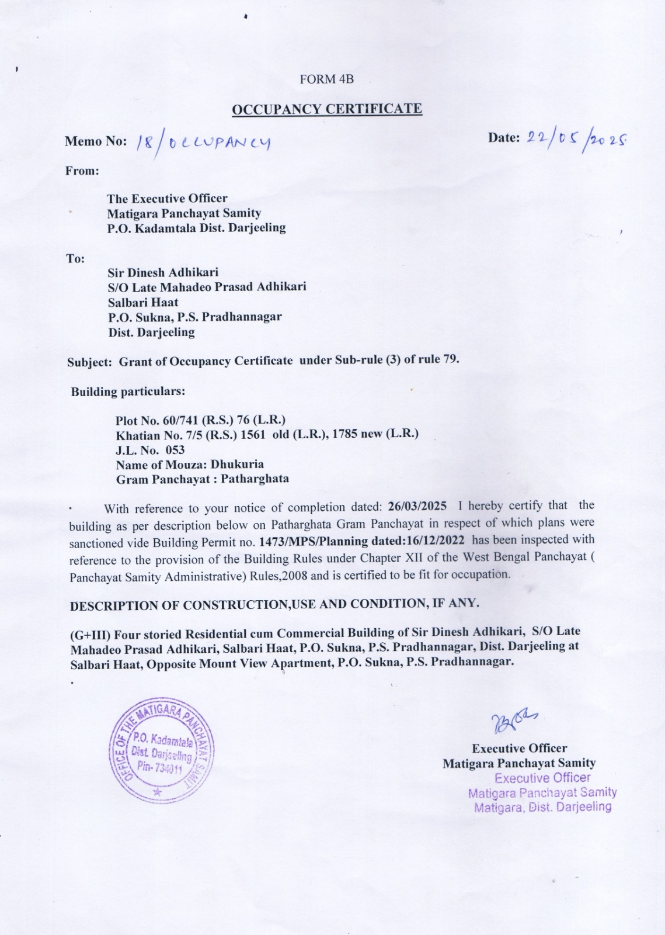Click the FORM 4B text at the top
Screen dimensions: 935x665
pos(326,79)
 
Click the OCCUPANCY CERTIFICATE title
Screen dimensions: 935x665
pos(326,109)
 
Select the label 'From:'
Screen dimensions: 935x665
pos(82,171)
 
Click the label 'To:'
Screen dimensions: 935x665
pos(75,258)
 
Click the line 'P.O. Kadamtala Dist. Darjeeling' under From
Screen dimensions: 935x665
pos(196,228)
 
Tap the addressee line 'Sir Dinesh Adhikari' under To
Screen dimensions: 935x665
pos(163,272)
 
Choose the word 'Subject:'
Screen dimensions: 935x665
pos(89,362)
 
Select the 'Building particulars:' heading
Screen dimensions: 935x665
pos(128,392)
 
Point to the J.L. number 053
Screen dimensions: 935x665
pos(175,450)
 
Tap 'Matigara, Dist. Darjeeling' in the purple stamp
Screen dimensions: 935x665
pos(542,808)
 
